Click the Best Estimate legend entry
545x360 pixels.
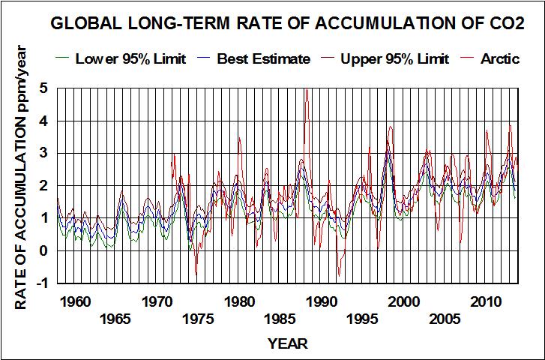pyautogui.click(x=262, y=58)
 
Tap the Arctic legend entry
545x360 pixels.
pyautogui.click(x=500, y=58)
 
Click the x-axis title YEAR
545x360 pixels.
pyautogui.click(x=287, y=344)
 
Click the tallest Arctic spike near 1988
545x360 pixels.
pyautogui.click(x=307, y=90)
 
